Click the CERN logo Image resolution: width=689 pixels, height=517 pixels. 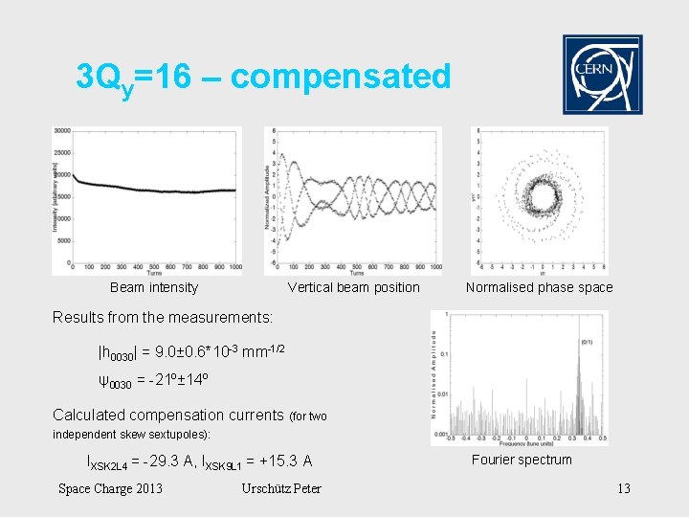coord(602,75)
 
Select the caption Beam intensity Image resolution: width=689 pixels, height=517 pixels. coord(154,287)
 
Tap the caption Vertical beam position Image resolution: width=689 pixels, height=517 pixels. coord(353,287)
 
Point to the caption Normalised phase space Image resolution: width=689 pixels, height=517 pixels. coord(539,287)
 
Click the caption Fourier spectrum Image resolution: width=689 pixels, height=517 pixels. coord(522,460)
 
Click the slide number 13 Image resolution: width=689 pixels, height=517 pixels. coord(624,489)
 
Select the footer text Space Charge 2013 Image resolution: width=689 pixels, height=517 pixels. coord(110,489)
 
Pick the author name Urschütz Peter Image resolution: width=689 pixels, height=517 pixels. coord(281,489)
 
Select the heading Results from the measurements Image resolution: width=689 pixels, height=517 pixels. coord(163,317)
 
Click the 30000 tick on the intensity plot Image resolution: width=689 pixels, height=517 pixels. coord(62,131)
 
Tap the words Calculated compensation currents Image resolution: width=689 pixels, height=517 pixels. coord(168,415)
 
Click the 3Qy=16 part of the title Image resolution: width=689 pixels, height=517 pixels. coord(133,77)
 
